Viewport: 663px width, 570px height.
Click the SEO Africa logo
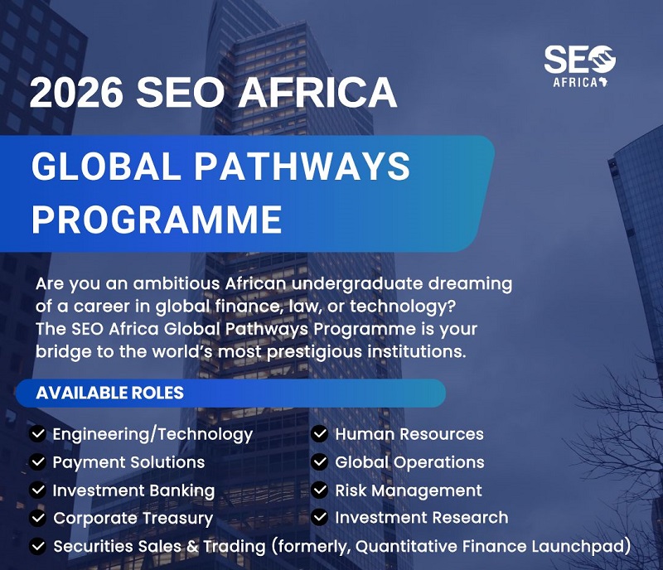(579, 66)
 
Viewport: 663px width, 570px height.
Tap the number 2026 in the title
(76, 93)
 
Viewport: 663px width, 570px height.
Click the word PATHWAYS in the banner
(302, 166)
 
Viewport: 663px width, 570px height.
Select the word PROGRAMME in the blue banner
(157, 219)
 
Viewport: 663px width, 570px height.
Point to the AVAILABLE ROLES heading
(110, 393)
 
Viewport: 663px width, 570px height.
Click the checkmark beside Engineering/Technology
(37, 434)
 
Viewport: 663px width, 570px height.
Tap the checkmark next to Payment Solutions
(37, 461)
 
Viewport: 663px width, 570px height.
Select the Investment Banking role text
(133, 491)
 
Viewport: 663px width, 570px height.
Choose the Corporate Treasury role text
(133, 519)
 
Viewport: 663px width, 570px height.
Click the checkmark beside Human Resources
(320, 434)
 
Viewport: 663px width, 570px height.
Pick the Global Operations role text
(409, 462)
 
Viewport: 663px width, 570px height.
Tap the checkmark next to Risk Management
(320, 490)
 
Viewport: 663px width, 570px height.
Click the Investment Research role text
(422, 518)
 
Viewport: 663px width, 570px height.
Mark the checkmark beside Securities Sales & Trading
(37, 546)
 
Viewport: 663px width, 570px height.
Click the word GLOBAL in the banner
(106, 166)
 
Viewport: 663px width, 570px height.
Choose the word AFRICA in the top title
(317, 93)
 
